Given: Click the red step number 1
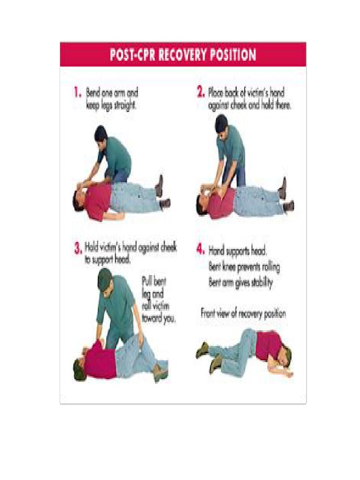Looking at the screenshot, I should pyautogui.click(x=78, y=93).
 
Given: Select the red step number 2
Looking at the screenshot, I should pyautogui.click(x=201, y=93).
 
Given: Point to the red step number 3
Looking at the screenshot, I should pyautogui.click(x=78, y=249).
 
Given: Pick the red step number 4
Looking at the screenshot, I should pyautogui.click(x=200, y=249).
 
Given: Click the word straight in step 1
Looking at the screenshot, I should pyautogui.click(x=123, y=105).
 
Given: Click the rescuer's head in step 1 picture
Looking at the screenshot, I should pyautogui.click(x=101, y=134).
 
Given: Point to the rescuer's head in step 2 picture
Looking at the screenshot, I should pyautogui.click(x=221, y=123).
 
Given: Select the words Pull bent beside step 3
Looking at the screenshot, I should pyautogui.click(x=154, y=283).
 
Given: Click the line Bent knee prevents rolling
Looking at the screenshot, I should pyautogui.click(x=244, y=268).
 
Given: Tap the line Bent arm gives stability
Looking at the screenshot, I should pyautogui.click(x=240, y=283).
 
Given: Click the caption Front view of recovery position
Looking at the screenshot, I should pyautogui.click(x=243, y=313).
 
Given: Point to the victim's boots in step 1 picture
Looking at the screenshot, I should pyautogui.click(x=162, y=192).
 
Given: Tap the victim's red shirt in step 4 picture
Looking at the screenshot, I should pyautogui.click(x=269, y=345).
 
